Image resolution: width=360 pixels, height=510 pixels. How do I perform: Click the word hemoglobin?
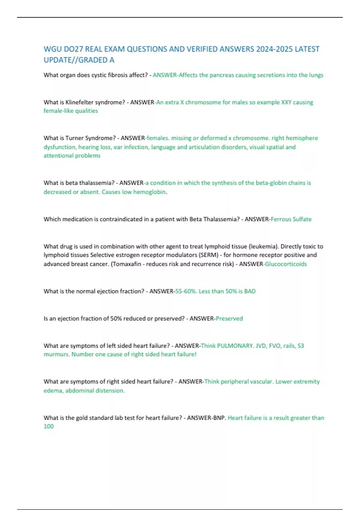[x=149, y=192]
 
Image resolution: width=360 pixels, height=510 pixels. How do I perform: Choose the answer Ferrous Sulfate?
[x=291, y=219]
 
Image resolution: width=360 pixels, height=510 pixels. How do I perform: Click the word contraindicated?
[x=121, y=219]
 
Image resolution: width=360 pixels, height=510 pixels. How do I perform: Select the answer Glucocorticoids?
[x=286, y=264]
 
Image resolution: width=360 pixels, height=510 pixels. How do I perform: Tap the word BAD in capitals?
[x=250, y=291]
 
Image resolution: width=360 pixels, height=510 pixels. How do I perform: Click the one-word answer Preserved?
[x=229, y=319]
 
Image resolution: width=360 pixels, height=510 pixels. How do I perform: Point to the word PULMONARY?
[x=235, y=346]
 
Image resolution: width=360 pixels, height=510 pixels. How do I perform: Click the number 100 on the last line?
[x=49, y=426]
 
